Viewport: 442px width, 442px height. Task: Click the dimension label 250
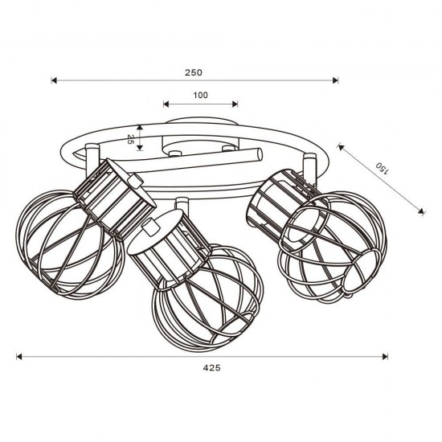194,72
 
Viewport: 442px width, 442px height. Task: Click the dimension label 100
200,95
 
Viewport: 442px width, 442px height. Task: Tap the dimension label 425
211,368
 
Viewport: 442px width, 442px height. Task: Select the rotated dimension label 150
383,169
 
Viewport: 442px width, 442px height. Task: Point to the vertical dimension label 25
130,139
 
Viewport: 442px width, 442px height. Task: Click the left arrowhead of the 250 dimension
54,80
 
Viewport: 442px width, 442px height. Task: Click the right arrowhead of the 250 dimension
335,80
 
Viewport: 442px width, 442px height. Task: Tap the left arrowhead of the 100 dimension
166,104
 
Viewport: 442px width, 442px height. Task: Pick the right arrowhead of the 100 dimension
235,104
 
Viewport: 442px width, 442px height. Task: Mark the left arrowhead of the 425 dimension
19,357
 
